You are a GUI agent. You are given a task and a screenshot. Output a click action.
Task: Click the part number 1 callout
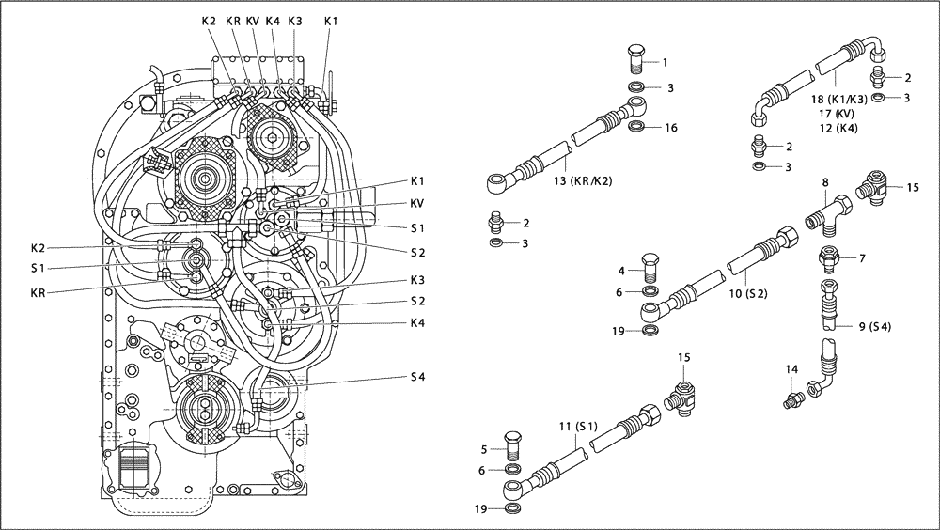point(665,62)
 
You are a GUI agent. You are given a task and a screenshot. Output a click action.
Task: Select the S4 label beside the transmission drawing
point(418,376)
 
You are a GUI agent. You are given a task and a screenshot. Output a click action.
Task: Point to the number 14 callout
point(791,370)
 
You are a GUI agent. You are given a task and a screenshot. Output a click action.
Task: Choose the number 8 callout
point(823,182)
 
